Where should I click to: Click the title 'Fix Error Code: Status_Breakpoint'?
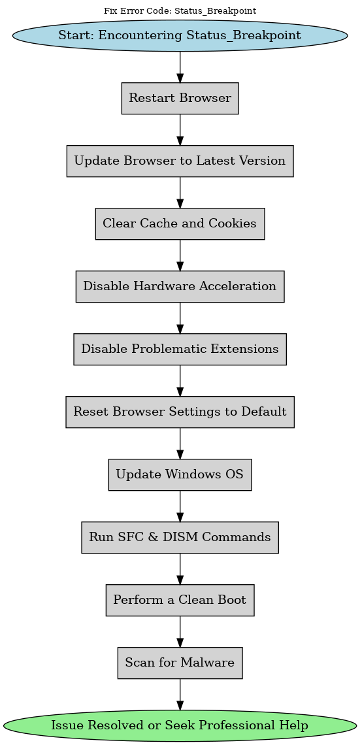180,10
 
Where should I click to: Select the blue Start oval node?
180,35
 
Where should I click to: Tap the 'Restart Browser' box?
180,98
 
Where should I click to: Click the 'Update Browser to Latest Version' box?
180,161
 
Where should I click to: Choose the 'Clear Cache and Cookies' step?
180,223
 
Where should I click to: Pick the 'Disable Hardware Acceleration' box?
180,286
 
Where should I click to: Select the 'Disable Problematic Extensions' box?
180,349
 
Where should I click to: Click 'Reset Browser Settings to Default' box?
180,412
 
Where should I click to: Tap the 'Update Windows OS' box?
180,474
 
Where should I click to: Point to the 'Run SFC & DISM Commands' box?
180,537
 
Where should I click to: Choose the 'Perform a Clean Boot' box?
180,600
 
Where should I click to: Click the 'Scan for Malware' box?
180,663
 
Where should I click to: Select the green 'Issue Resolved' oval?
180,725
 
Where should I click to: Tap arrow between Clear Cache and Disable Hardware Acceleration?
180,255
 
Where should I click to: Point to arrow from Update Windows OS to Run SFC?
180,506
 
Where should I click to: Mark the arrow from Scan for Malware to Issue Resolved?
180,694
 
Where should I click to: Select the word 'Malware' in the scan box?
209,663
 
